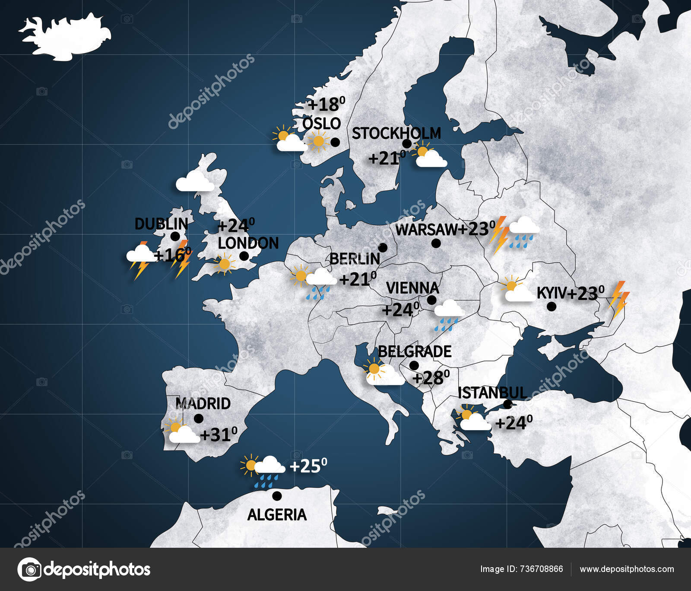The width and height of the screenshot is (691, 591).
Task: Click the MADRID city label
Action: click(203, 404)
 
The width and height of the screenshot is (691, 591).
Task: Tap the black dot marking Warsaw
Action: click(436, 243)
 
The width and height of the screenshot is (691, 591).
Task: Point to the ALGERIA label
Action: click(277, 514)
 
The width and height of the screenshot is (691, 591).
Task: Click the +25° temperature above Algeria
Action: click(308, 466)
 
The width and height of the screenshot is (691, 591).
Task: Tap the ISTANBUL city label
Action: click(492, 393)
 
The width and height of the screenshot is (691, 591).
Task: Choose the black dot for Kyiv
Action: click(551, 307)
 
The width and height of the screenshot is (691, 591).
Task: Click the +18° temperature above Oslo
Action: click(326, 104)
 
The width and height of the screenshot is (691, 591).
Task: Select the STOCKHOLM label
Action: click(396, 133)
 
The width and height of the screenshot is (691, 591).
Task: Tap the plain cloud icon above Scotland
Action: click(195, 182)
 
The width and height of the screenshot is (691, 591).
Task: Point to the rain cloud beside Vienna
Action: click(449, 315)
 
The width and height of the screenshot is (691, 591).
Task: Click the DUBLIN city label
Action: click(161, 224)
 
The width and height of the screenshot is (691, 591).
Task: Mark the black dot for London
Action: click(244, 256)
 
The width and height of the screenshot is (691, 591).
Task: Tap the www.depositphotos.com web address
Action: click(627, 569)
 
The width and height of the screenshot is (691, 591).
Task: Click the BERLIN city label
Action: click(355, 259)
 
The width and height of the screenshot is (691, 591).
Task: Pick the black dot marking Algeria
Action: click(277, 495)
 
